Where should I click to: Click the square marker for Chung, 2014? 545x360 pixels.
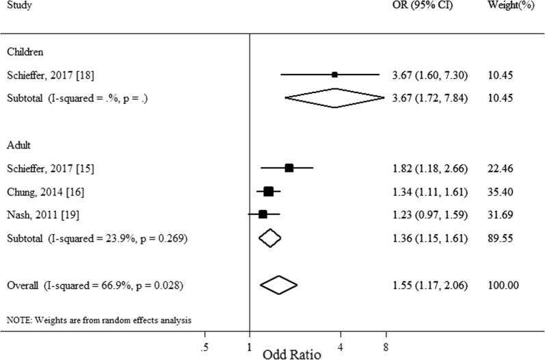(x=268, y=191)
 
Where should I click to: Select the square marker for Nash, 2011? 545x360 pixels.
(x=263, y=214)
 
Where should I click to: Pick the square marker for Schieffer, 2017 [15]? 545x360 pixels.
(x=289, y=167)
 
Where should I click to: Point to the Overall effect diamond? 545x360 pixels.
(x=279, y=284)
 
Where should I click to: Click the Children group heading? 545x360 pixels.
(x=25, y=51)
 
